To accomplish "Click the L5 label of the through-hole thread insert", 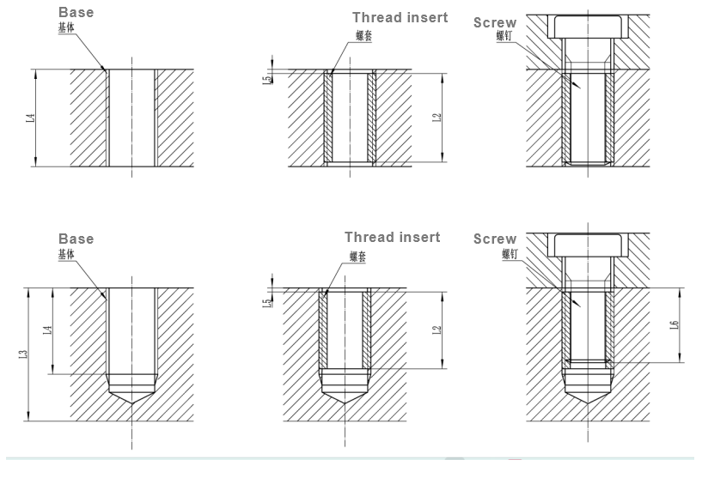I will pyautogui.click(x=267, y=79).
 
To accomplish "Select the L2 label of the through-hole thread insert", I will pyautogui.click(x=436, y=118).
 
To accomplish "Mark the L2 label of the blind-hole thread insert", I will pyautogui.click(x=436, y=330).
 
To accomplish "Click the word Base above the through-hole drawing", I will pyautogui.click(x=76, y=13).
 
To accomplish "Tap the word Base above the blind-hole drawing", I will pyautogui.click(x=76, y=239).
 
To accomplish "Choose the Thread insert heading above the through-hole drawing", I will pyautogui.click(x=400, y=17).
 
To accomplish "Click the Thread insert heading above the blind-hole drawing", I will pyautogui.click(x=392, y=237).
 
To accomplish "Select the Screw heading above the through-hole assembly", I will pyautogui.click(x=495, y=22).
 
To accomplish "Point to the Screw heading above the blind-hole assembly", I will pyautogui.click(x=495, y=239).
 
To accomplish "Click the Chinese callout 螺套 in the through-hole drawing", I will pyautogui.click(x=363, y=37).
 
